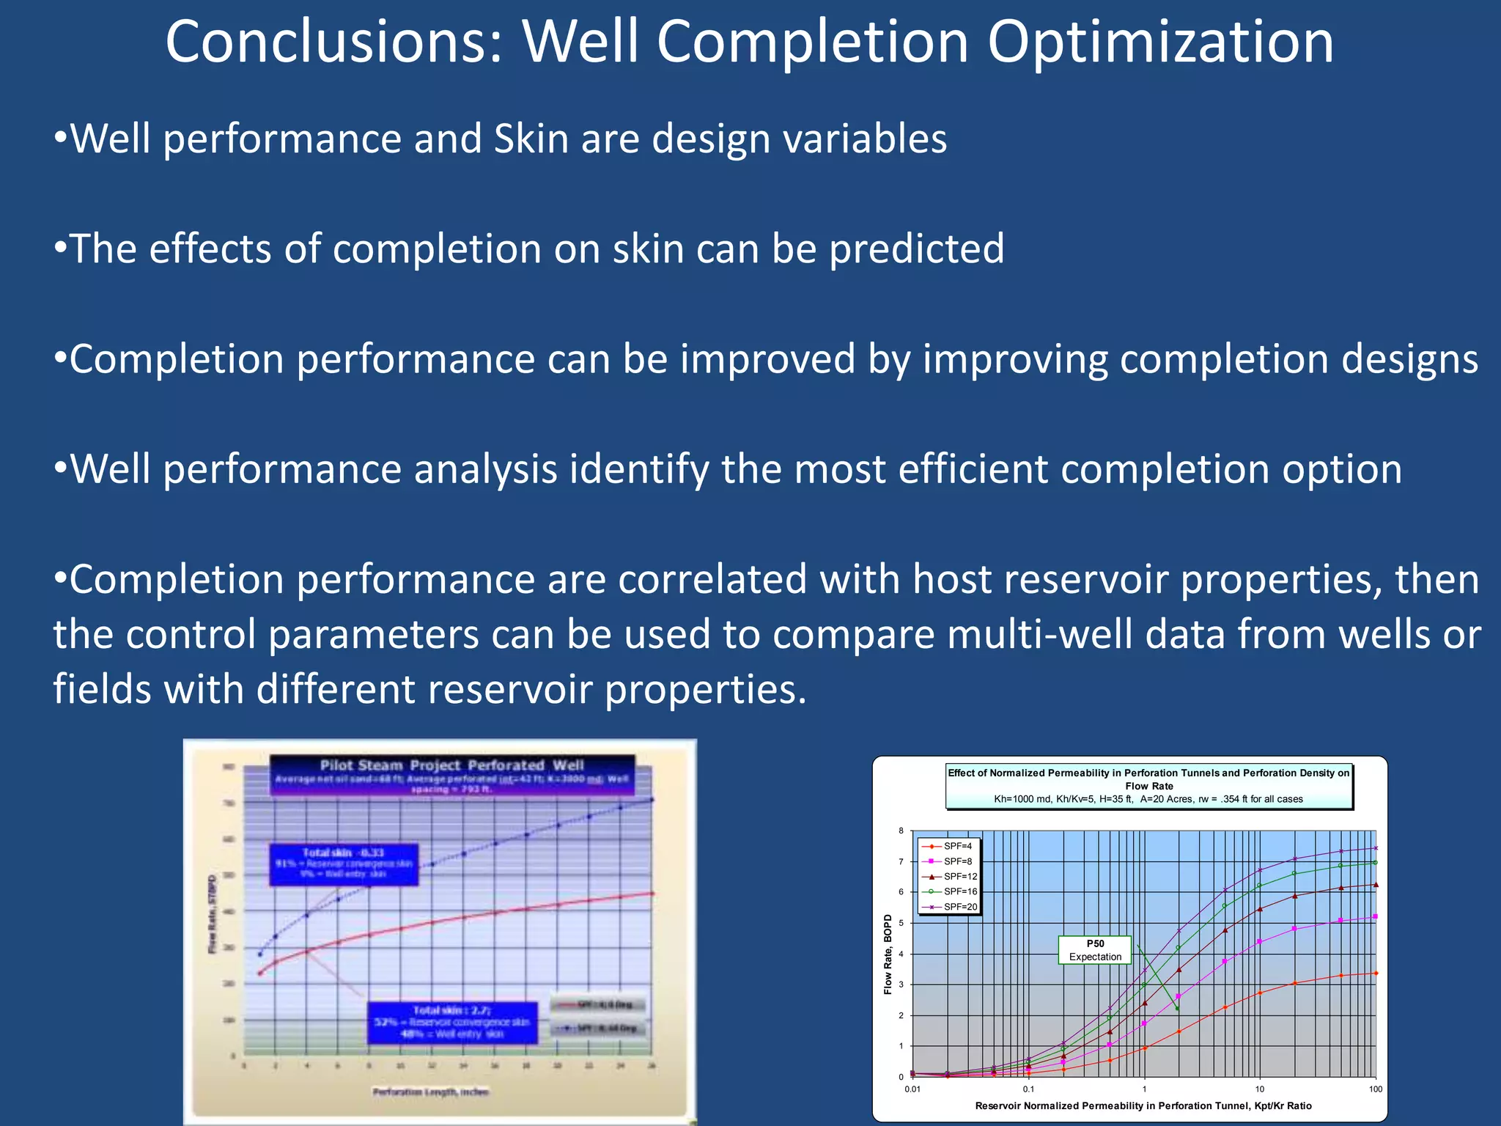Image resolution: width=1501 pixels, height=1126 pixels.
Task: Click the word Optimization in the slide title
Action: tap(1160, 43)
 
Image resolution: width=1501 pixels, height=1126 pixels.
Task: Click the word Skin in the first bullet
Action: tap(531, 139)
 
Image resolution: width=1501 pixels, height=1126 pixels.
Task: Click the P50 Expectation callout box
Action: tap(1095, 950)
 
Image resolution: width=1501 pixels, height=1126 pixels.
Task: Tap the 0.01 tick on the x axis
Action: tap(912, 1089)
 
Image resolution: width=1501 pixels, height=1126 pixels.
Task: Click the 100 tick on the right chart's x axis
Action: tap(1375, 1089)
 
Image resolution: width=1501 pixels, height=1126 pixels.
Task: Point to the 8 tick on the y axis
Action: tap(901, 831)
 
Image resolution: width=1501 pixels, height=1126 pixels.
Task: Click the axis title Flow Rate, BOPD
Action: tap(888, 954)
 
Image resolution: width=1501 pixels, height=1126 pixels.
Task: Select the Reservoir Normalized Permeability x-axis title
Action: tap(1143, 1105)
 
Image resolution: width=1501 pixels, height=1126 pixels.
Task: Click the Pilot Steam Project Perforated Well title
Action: tap(451, 765)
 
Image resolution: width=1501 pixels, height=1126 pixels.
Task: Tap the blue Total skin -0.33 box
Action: tap(344, 864)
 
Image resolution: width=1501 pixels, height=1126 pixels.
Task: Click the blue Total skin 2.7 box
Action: tap(451, 1022)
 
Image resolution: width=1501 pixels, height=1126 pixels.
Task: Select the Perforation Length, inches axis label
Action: tap(430, 1092)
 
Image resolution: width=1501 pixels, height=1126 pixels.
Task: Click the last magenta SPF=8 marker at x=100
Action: tap(1375, 916)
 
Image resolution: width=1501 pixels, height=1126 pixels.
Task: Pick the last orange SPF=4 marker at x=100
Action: tap(1376, 973)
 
